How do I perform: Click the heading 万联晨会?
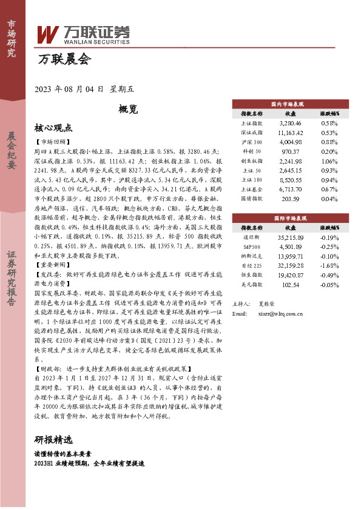(x=64, y=59)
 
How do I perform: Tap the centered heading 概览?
(x=128, y=110)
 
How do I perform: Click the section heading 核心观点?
(x=53, y=128)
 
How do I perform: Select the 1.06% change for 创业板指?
(x=329, y=162)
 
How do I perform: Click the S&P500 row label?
(x=252, y=247)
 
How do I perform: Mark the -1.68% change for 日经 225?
(x=329, y=265)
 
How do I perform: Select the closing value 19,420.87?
(x=291, y=275)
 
